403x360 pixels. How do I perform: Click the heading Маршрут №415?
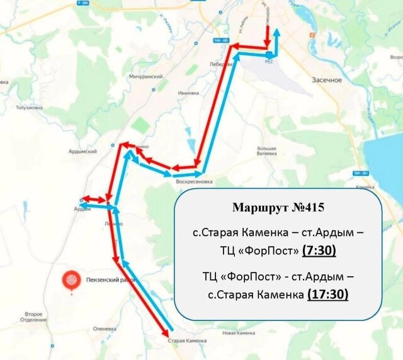pos(277,207)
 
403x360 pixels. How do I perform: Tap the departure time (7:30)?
pos(319,250)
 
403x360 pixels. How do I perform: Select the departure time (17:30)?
pos(327,294)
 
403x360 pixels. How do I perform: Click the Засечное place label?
pos(327,80)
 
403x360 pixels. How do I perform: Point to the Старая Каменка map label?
pos(188,340)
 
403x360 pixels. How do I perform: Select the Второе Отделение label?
pos(33,317)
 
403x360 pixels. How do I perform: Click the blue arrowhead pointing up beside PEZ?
pos(277,33)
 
